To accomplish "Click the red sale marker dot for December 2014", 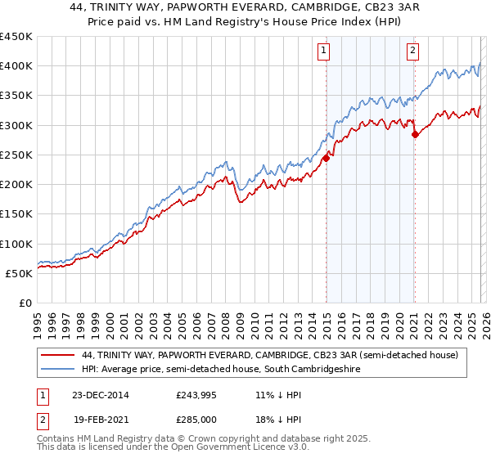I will [326, 159].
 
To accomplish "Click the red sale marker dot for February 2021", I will [415, 135].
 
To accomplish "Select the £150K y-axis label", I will [16, 214].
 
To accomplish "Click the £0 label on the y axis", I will [25, 303].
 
